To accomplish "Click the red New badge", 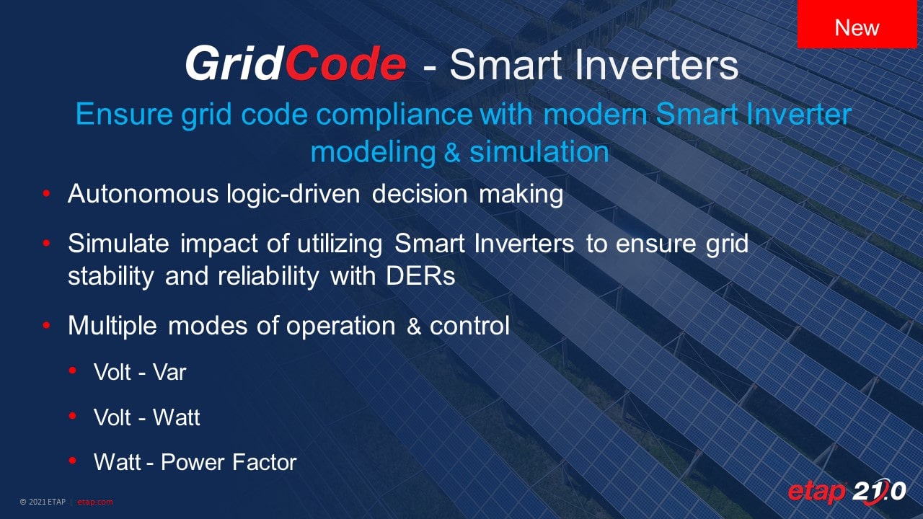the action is (x=857, y=24).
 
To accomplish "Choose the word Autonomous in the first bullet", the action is (x=143, y=193).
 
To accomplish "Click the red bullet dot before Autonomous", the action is (x=46, y=193).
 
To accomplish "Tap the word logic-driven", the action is (x=293, y=194).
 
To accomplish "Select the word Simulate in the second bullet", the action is (x=118, y=243).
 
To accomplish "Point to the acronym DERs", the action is (x=420, y=275).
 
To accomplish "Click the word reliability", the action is (x=268, y=276).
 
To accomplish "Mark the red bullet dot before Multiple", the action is (x=46, y=325).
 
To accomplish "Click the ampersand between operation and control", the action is (x=413, y=327).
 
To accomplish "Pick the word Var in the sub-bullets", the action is (x=169, y=372).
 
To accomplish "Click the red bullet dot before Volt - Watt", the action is (x=73, y=417).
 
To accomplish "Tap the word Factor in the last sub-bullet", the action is (x=264, y=462).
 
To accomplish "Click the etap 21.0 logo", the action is (x=847, y=491).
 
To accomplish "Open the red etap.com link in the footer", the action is (x=94, y=502).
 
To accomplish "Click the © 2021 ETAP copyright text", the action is (x=43, y=502).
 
